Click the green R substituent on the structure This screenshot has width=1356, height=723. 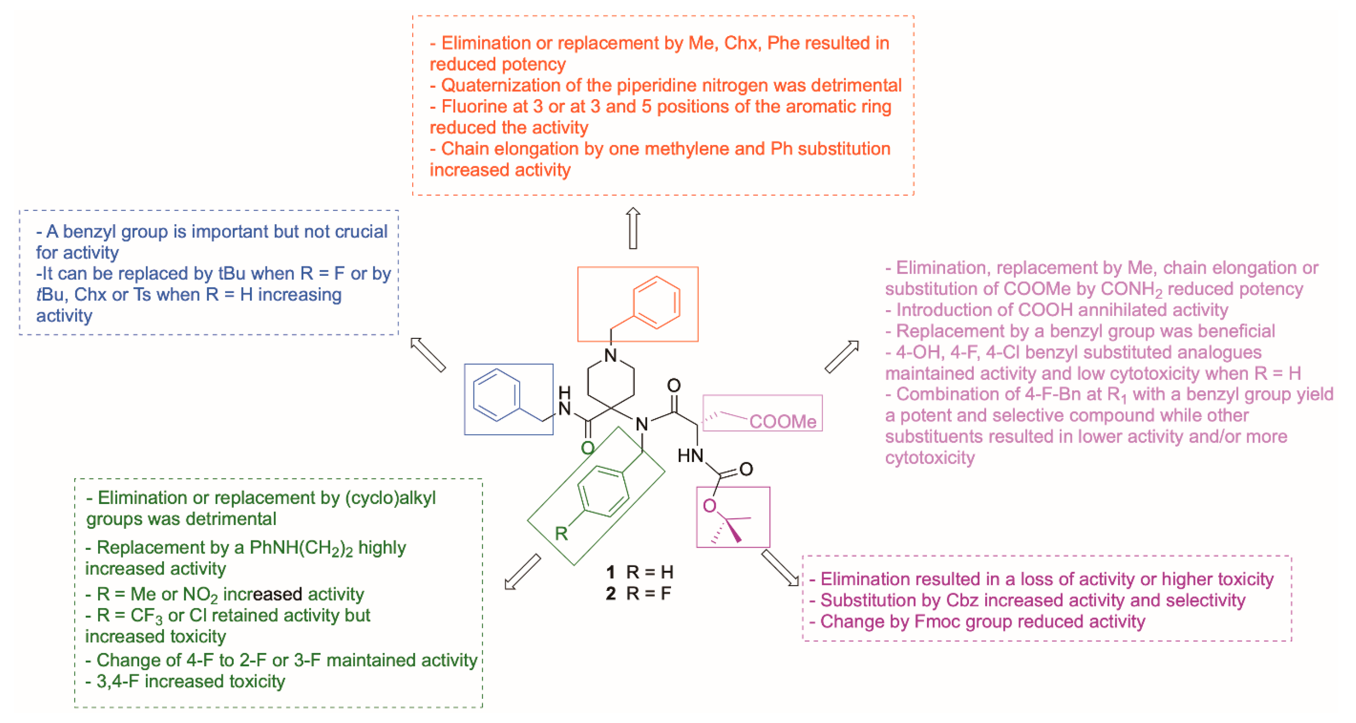point(561,533)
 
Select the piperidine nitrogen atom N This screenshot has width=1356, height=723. point(611,356)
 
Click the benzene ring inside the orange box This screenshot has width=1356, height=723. point(656,303)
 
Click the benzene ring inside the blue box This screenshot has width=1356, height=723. point(497,395)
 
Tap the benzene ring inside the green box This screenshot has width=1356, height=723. point(603,491)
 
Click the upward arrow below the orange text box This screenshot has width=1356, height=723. point(633,228)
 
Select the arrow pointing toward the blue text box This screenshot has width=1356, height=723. point(428,355)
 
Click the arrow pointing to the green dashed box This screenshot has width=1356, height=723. point(522,572)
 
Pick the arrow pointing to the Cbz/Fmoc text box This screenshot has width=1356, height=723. point(780,568)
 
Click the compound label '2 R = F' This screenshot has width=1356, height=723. point(638,594)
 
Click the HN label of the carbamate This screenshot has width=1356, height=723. point(690,456)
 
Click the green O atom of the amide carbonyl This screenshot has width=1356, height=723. point(588,448)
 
